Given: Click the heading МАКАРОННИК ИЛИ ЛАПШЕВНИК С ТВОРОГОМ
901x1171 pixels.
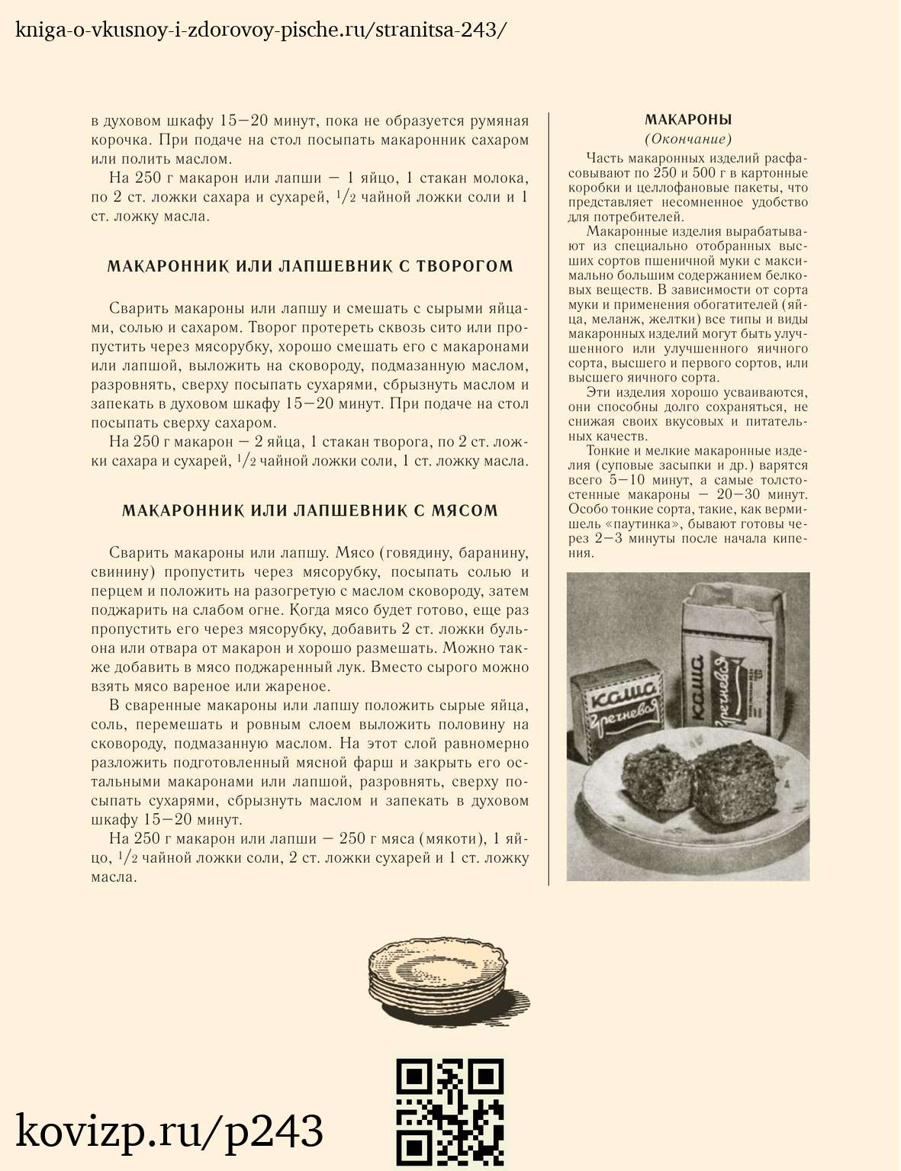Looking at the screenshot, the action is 310,266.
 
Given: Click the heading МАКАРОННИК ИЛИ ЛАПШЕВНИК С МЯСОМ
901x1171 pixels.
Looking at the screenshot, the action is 310,510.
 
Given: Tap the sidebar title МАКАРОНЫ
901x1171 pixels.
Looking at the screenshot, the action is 687,120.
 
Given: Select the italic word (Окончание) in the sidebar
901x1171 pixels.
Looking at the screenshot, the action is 687,139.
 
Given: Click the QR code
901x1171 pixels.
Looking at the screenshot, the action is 449,1112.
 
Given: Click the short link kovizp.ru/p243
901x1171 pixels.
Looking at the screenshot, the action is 169,1131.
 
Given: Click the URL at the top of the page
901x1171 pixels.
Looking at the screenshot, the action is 260,31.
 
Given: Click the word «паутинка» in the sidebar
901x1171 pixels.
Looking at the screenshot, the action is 642,524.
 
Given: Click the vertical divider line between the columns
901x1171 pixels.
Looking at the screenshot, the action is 549,496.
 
